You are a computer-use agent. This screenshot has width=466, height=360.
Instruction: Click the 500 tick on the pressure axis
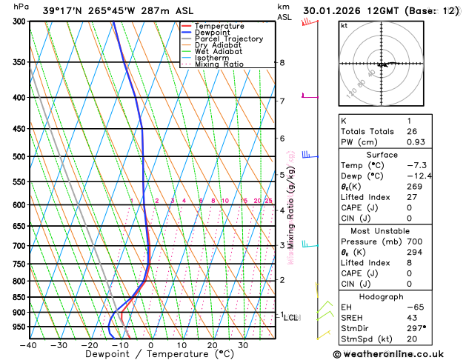coord(19,156)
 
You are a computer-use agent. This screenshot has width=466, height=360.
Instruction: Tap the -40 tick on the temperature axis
coord(29,345)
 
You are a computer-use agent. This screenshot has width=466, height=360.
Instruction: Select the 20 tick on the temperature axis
coord(212,345)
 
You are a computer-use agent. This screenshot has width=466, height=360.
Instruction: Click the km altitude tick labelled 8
coord(282,63)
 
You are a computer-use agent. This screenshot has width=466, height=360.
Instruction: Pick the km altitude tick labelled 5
coord(282,175)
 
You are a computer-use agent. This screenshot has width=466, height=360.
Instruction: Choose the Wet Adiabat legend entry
coord(218,51)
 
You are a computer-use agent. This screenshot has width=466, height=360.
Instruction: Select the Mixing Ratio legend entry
coord(219,64)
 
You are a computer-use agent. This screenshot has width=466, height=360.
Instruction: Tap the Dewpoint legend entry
coord(211,33)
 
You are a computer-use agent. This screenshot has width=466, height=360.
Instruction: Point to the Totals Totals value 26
coord(411,131)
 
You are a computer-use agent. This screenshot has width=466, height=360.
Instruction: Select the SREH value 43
coord(411,318)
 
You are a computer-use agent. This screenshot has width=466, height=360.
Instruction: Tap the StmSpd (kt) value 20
coord(411,339)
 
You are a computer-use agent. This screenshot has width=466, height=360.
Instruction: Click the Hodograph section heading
coord(384,296)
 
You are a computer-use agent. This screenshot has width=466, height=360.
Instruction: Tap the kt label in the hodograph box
coord(344,25)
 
